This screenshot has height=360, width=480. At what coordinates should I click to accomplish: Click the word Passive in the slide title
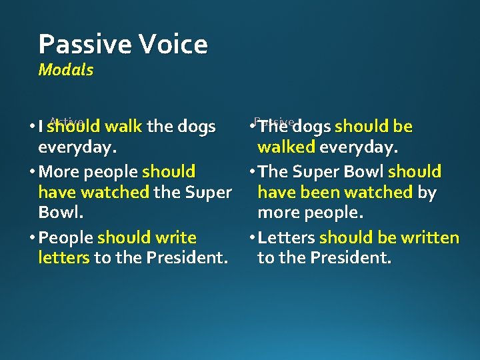84,45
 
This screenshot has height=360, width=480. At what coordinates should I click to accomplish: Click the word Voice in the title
172,45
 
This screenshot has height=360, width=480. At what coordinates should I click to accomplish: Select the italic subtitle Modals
66,69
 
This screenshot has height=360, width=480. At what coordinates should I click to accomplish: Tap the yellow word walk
123,126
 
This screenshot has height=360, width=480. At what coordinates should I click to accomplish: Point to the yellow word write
175,237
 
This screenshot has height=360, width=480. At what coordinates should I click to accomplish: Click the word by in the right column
427,193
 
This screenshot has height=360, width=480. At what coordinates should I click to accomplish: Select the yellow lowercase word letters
64,257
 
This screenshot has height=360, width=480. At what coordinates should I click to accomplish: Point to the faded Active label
65,121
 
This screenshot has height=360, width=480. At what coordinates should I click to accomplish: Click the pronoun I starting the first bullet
41,127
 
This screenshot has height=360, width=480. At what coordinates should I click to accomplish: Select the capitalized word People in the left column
66,237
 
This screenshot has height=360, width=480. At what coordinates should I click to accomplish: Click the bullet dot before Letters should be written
251,238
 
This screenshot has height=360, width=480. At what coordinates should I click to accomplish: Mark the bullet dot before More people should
33,172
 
